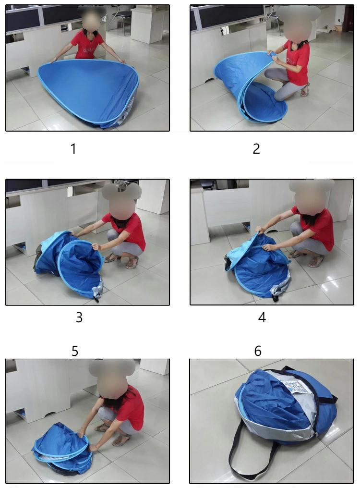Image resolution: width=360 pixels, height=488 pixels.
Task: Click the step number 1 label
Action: click(73, 149)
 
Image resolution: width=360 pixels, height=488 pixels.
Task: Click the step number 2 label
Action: click(256, 149)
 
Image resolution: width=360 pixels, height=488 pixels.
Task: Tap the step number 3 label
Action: click(79, 317)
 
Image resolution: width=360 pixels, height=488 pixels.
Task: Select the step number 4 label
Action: click(262, 317)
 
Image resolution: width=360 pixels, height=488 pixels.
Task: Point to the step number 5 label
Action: click(75, 351)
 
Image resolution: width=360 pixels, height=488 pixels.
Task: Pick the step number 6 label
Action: click(258, 351)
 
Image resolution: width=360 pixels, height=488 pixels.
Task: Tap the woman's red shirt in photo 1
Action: click(87, 46)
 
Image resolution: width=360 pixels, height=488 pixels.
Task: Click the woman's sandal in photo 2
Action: click(305, 91)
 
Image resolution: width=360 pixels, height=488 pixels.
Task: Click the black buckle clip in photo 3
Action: click(96, 299)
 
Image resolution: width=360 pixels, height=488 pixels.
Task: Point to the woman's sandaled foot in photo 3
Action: click(132, 263)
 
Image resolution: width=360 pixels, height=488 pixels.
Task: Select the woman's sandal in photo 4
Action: click(316, 261)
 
